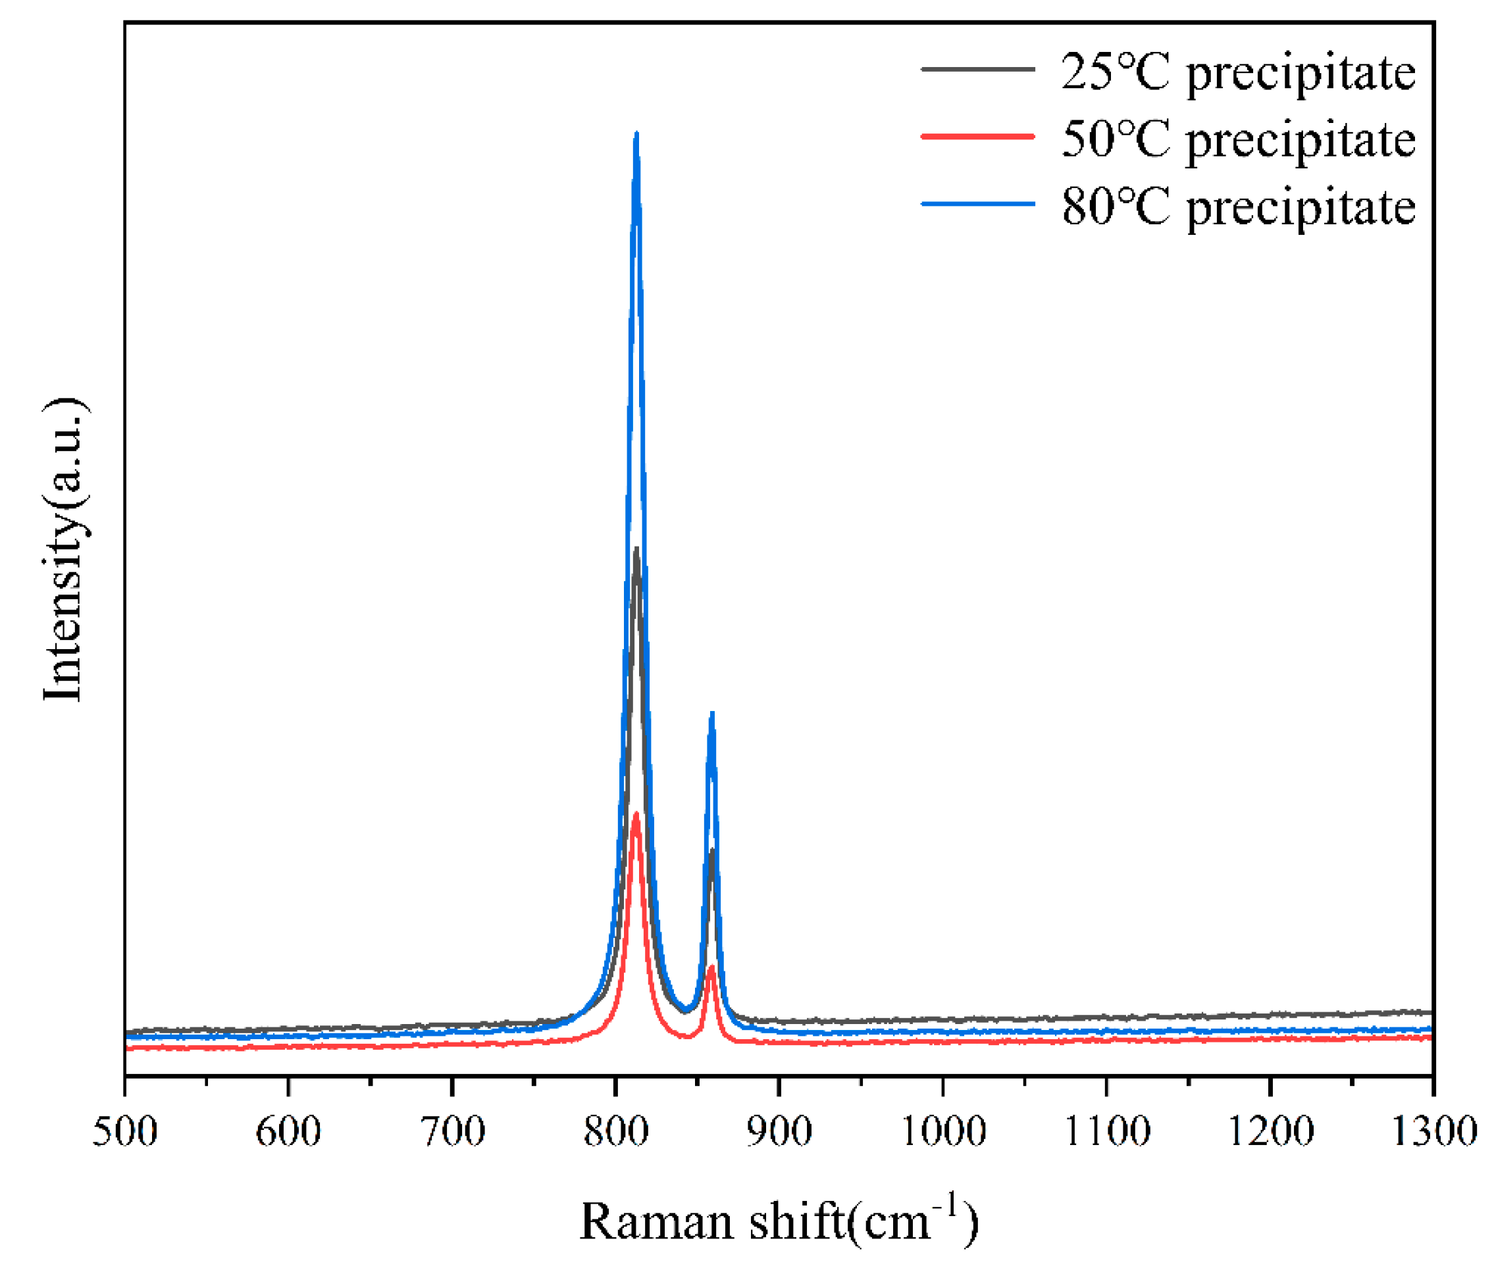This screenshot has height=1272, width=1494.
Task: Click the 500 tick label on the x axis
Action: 125,1132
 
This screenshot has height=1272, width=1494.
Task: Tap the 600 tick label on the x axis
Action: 288,1132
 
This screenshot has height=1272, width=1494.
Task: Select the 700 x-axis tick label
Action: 452,1132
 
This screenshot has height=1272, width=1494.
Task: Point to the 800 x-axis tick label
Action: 616,1132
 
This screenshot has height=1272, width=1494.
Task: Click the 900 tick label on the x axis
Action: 779,1132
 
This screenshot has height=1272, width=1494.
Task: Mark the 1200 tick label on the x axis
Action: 1270,1132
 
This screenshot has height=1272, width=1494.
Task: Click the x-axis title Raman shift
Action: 779,1222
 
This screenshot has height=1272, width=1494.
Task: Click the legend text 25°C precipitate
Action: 1238,72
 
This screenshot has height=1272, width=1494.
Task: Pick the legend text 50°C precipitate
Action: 1238,139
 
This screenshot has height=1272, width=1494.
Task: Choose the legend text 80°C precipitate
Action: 1238,206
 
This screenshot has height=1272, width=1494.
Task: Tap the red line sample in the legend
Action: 978,136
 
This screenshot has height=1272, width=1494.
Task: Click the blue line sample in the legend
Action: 978,204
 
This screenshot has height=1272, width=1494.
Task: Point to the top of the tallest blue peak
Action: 636,134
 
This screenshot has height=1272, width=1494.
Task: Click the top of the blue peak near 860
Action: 711,714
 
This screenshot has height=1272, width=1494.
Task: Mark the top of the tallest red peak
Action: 636,814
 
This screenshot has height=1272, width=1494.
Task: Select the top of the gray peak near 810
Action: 636,549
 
